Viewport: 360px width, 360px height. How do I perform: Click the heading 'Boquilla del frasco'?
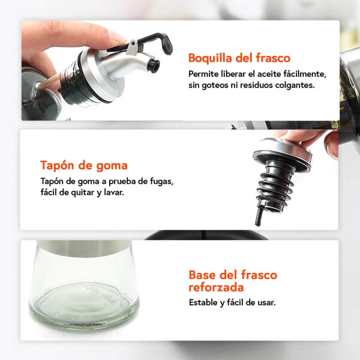(x=239, y=58)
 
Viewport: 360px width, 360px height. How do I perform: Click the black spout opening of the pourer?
(x=154, y=66)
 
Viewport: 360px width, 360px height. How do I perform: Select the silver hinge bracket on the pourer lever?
(x=132, y=47)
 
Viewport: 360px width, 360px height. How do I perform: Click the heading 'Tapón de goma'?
(x=84, y=165)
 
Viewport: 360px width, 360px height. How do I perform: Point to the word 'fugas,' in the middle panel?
(x=161, y=181)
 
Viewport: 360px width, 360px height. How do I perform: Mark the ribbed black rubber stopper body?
(x=275, y=184)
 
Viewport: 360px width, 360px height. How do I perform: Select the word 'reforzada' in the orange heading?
(x=216, y=287)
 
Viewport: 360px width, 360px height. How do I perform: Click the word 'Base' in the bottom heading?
(x=202, y=275)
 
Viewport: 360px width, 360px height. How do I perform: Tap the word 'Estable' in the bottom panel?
(x=203, y=302)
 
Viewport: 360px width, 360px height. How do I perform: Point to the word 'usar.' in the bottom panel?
(x=266, y=302)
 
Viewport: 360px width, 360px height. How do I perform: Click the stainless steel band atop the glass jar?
(x=84, y=248)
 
